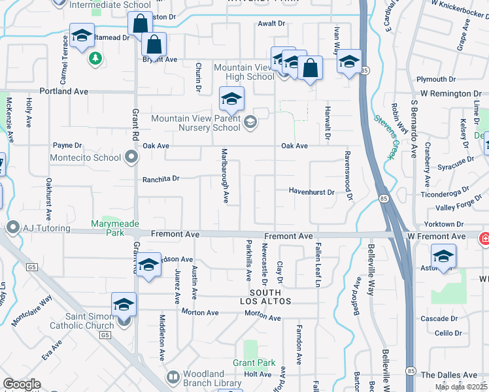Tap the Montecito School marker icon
click(131, 157)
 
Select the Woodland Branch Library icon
click(173, 377)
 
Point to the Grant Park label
click(254, 363)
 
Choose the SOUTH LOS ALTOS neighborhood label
click(265, 297)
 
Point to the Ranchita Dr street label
click(161, 178)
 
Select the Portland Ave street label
click(63, 91)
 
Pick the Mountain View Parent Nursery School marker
click(250, 123)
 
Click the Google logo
click(22, 384)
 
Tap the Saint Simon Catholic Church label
click(82, 316)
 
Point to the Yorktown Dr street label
click(447, 223)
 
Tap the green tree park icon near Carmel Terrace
click(95, 58)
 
